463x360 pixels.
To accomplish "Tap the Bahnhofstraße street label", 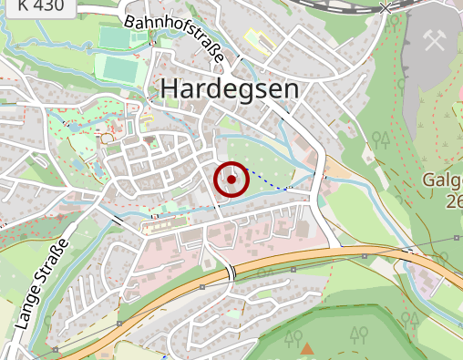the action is coord(174,37).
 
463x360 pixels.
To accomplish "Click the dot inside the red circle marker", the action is coord(231,180).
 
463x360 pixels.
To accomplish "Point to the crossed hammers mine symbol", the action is coord(434,37).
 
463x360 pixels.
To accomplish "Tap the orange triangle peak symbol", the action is coord(307,348).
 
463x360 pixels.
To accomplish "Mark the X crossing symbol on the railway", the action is coord(386,6).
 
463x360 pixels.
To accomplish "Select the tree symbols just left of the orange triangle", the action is coord(293,339).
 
